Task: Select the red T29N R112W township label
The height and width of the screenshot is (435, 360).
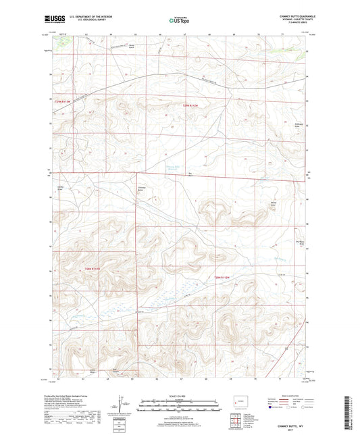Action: point(192,106)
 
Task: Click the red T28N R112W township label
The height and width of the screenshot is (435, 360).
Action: point(223,278)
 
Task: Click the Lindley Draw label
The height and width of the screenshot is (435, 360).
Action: point(60,188)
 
